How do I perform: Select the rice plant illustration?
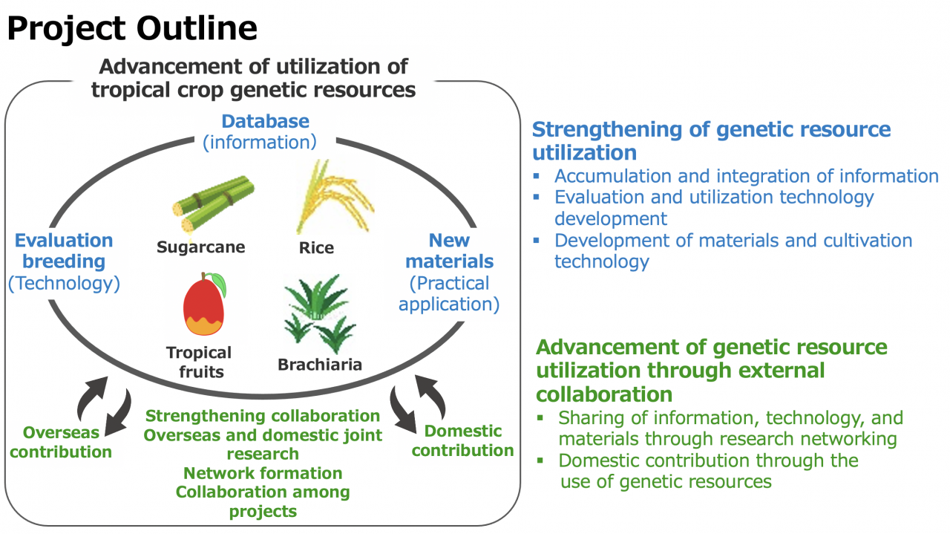(x=335, y=197)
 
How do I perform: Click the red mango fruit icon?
(x=204, y=304)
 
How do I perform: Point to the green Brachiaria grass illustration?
(x=320, y=313)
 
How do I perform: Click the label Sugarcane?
(x=200, y=247)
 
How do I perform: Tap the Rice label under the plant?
(x=316, y=247)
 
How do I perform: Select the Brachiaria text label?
(x=320, y=364)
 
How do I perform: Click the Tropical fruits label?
(x=200, y=362)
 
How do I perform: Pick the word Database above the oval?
(x=266, y=121)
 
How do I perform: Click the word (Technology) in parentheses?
(x=64, y=283)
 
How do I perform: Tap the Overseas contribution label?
(x=61, y=442)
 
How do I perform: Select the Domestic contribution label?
(x=462, y=440)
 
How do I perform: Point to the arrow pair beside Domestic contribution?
(x=417, y=403)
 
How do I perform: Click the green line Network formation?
(x=263, y=473)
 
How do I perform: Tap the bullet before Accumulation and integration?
(x=537, y=175)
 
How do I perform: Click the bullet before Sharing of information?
(x=540, y=417)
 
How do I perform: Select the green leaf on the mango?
(x=219, y=283)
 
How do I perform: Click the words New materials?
(x=450, y=251)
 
